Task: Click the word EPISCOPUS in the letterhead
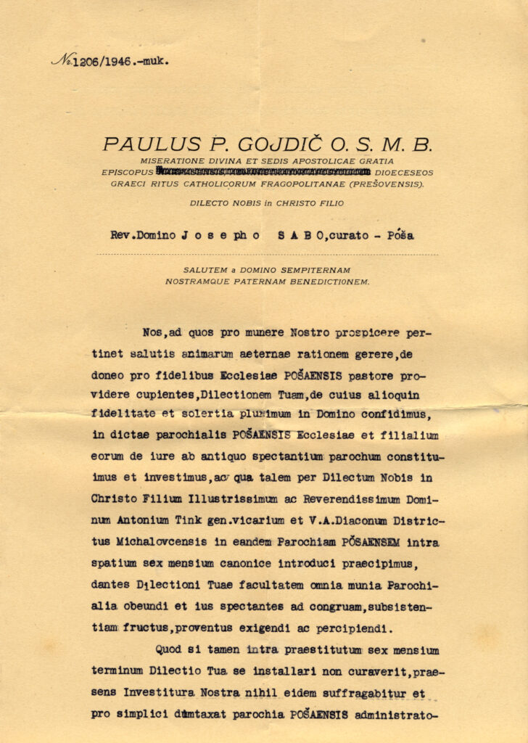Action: point(128,173)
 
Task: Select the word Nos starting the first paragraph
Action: point(153,332)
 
